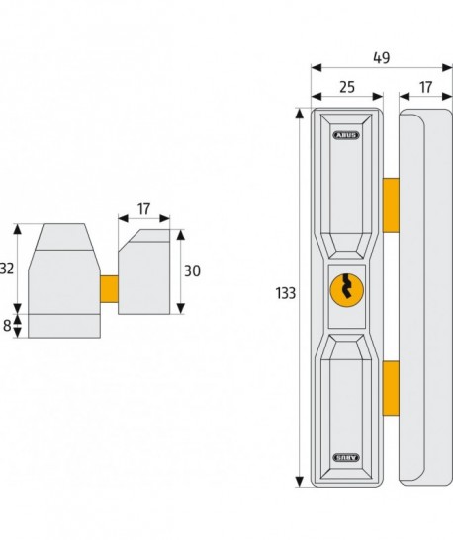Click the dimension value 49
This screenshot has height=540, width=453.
381,58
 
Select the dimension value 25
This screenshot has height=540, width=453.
347,87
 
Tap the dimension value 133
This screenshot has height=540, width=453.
285,293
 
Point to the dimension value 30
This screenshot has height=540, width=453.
192,271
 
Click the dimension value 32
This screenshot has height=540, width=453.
7,269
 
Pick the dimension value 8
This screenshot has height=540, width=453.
7,326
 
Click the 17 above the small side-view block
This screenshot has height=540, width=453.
143,209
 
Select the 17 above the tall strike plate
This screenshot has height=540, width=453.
425,87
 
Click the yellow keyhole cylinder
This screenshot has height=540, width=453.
347,289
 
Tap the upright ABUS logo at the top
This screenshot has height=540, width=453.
346,135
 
